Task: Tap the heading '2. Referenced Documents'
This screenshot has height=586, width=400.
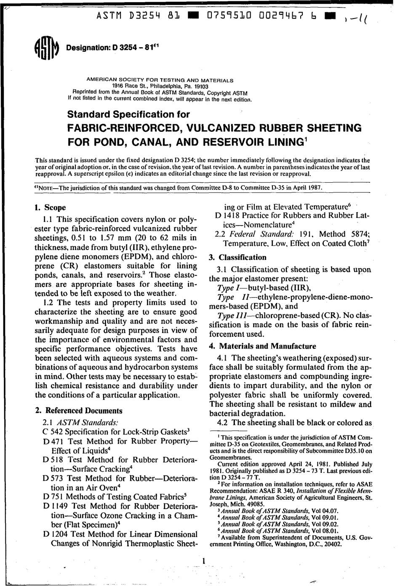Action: click(x=79, y=411)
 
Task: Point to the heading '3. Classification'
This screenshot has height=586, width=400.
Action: click(x=238, y=257)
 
